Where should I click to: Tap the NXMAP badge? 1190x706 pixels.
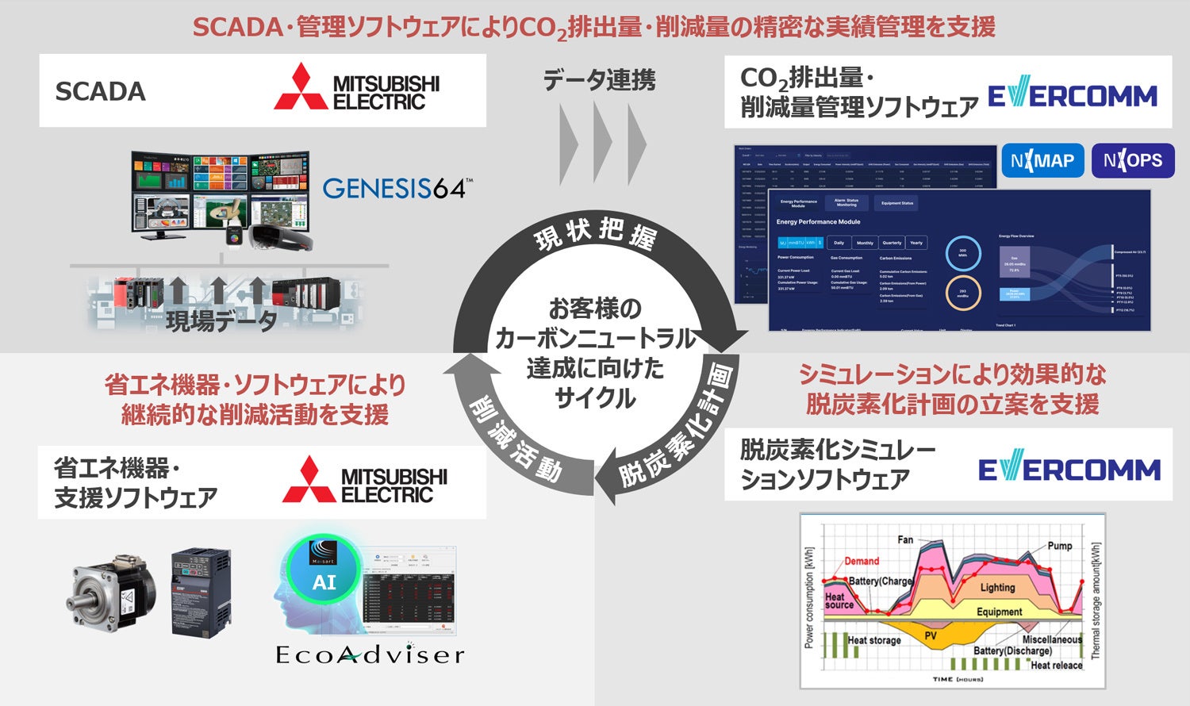(x=1042, y=161)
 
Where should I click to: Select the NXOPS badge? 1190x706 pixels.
(x=1132, y=161)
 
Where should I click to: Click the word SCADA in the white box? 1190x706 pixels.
(x=100, y=91)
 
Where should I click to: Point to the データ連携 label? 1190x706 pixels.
(x=599, y=80)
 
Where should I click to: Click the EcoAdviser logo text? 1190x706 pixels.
(x=369, y=654)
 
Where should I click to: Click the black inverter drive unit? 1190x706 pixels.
(x=201, y=591)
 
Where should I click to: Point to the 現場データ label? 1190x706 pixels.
(x=221, y=320)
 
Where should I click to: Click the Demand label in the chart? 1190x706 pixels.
(x=862, y=561)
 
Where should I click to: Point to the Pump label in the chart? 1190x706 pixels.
(x=1059, y=546)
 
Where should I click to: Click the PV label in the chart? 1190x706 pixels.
(x=930, y=635)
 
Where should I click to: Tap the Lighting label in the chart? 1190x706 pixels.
(x=997, y=588)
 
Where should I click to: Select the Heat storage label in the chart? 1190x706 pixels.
(x=874, y=640)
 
